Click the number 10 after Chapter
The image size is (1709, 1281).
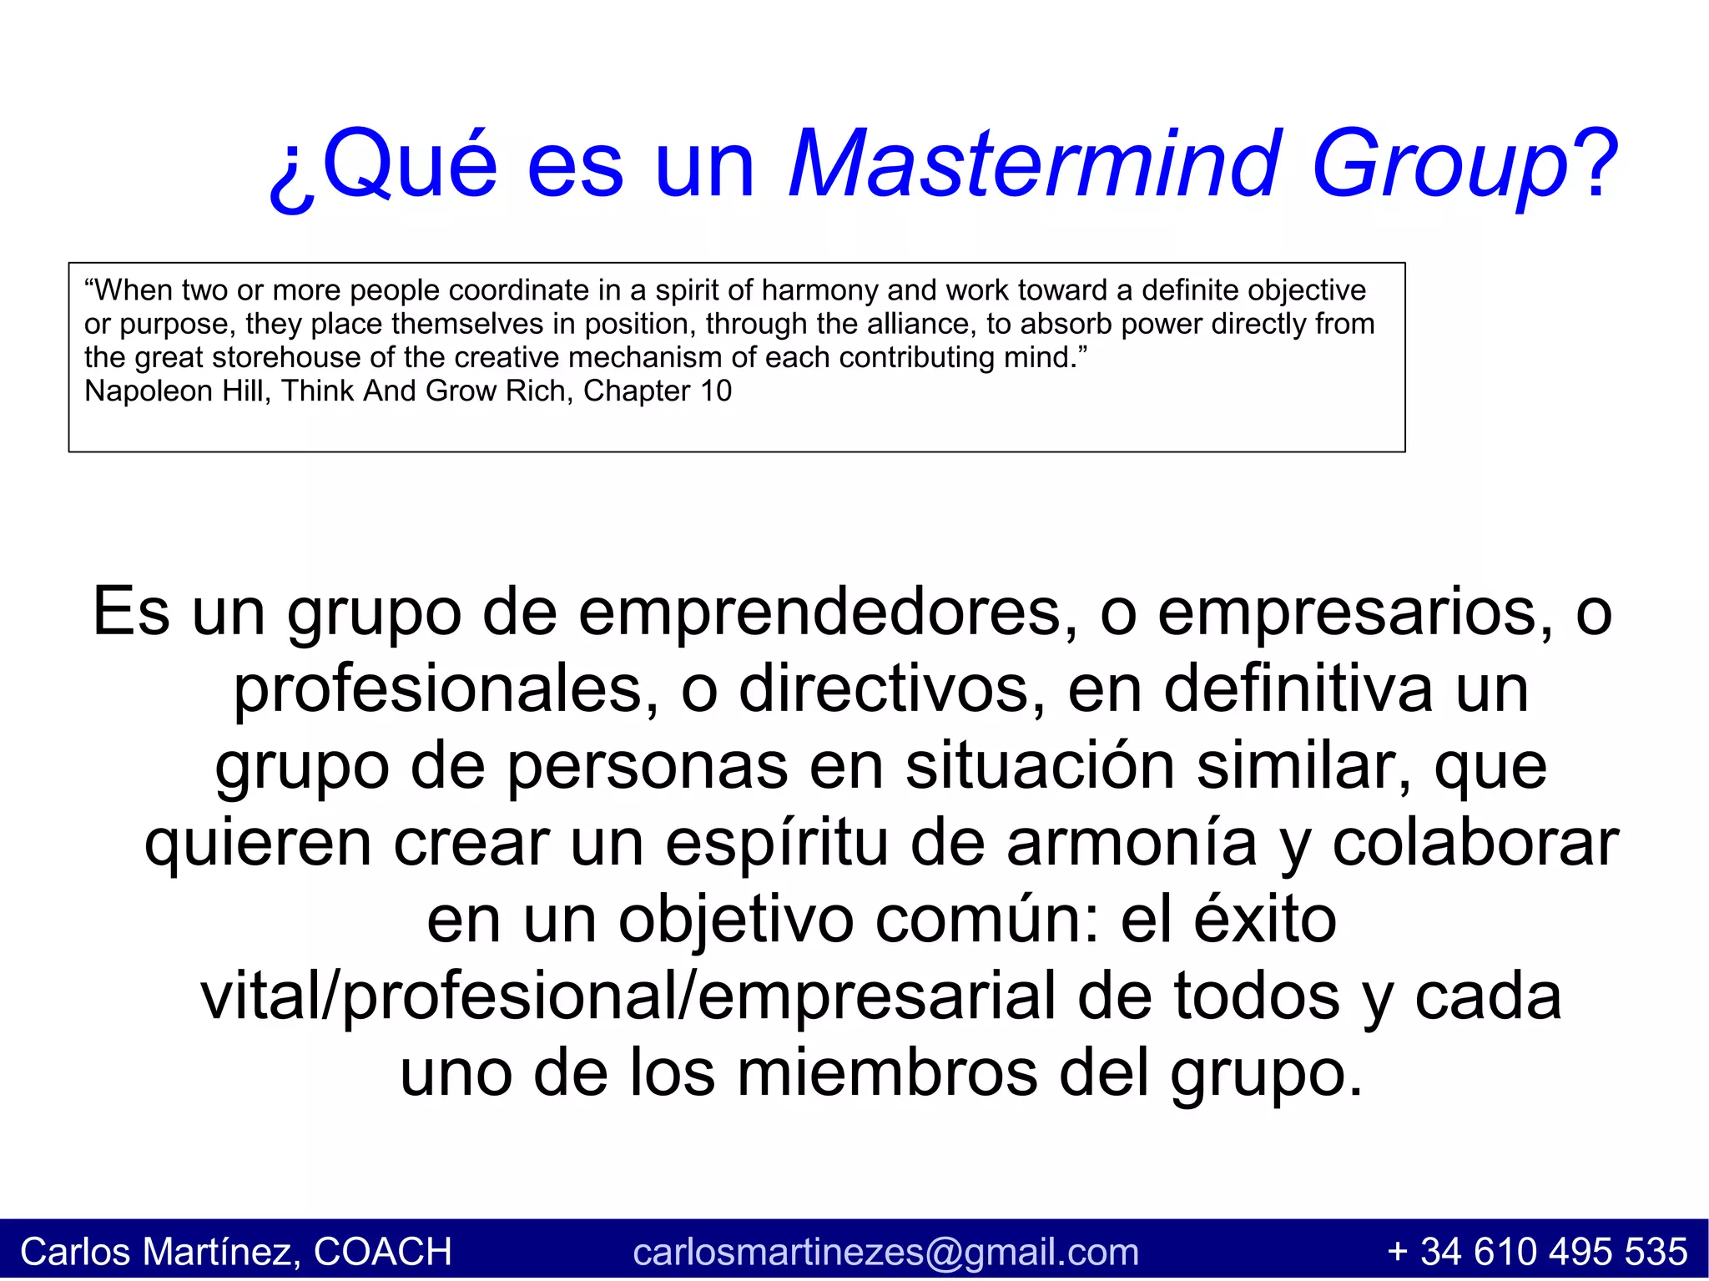coord(715,391)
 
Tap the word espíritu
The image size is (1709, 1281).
coord(776,843)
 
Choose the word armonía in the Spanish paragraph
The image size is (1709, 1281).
coord(1132,843)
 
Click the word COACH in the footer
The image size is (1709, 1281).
coord(382,1252)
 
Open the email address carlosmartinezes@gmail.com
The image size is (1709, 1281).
coord(885,1252)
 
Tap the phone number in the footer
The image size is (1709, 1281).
coord(1537,1252)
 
